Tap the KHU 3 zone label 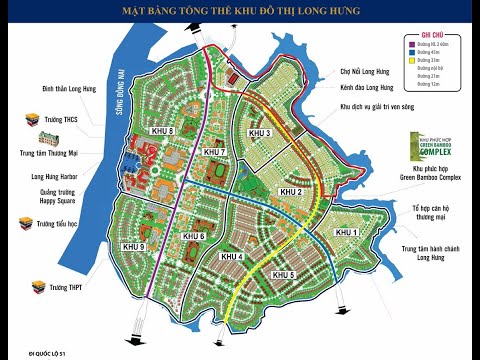[262, 133]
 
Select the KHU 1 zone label [346, 232]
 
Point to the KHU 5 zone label [285, 274]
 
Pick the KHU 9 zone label [134, 246]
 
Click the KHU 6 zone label [195, 236]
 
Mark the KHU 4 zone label [233, 257]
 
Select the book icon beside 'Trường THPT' [18, 288]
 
